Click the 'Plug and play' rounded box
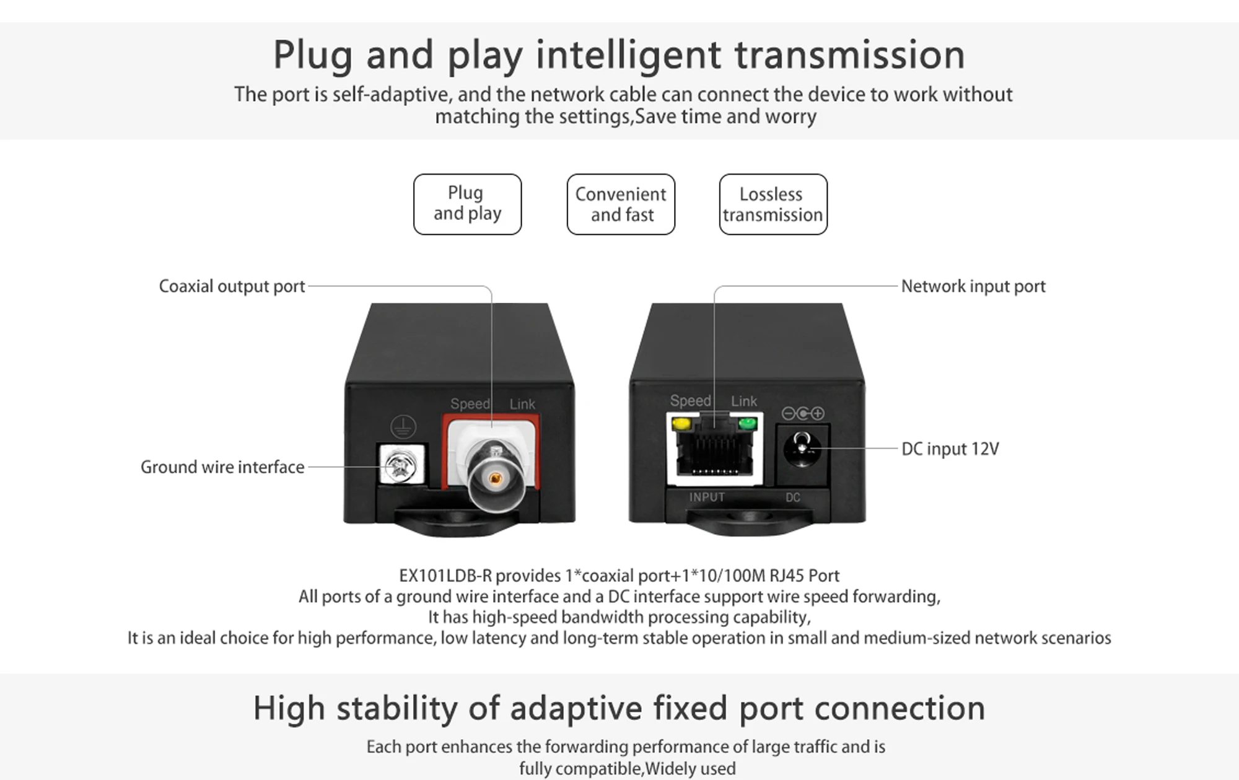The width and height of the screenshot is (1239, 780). click(x=467, y=204)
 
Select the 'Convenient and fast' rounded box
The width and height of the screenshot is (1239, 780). click(x=621, y=204)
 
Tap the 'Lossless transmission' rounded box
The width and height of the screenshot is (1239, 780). click(x=773, y=204)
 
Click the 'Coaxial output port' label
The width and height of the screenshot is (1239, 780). click(x=232, y=286)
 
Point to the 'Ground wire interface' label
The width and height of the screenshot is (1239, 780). click(x=222, y=467)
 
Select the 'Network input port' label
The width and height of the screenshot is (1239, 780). click(x=973, y=286)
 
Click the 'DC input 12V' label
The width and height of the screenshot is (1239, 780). click(x=950, y=449)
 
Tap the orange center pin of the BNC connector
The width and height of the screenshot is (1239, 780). click(x=495, y=478)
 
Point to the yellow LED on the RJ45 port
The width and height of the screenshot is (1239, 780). click(x=681, y=424)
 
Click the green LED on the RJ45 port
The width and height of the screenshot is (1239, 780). click(x=748, y=424)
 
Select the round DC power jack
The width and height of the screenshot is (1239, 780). click(x=802, y=449)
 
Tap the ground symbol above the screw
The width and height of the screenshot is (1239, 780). click(x=403, y=426)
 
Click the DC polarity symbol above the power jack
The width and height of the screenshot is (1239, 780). click(x=803, y=413)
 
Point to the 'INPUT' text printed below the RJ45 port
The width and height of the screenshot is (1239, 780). click(x=707, y=497)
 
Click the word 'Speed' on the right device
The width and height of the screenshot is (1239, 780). click(x=690, y=401)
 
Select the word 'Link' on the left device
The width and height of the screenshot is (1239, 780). click(x=522, y=404)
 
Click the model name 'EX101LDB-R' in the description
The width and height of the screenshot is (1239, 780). click(x=445, y=576)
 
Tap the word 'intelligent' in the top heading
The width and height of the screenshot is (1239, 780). click(x=628, y=55)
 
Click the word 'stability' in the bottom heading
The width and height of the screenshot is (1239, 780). click(x=396, y=708)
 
